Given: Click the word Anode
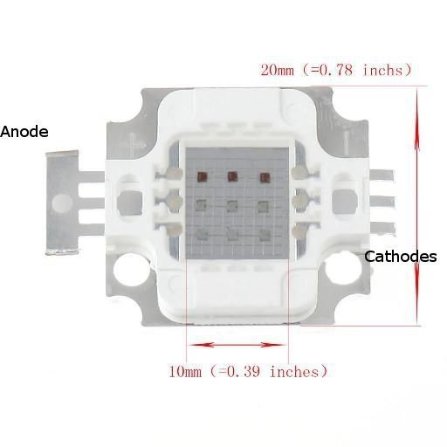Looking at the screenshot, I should coord(24,132).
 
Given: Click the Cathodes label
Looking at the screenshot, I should coord(400,257).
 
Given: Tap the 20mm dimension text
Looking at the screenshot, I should coord(279,69).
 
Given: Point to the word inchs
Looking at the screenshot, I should coord(382,69).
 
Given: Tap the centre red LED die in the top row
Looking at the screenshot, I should coord(232,177).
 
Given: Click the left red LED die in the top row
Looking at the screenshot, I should coord(201,177).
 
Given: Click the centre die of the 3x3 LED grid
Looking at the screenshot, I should coord(232,206).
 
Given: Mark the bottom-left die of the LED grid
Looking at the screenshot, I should coord(201,234).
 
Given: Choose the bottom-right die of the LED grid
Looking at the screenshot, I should coord(263,234).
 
